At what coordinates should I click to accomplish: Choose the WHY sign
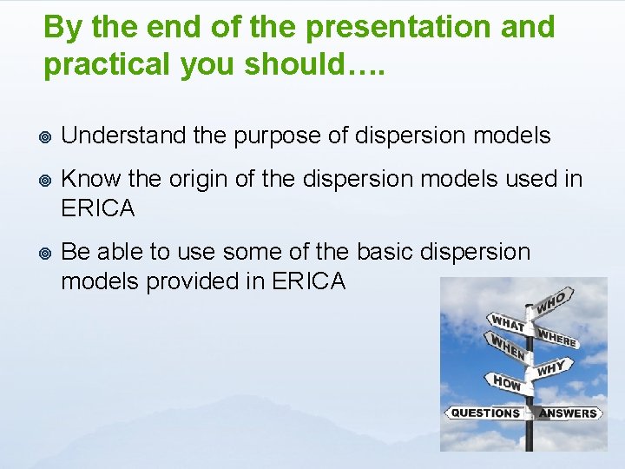coord(552,368)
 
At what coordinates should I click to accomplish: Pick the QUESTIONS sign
coord(485,413)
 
